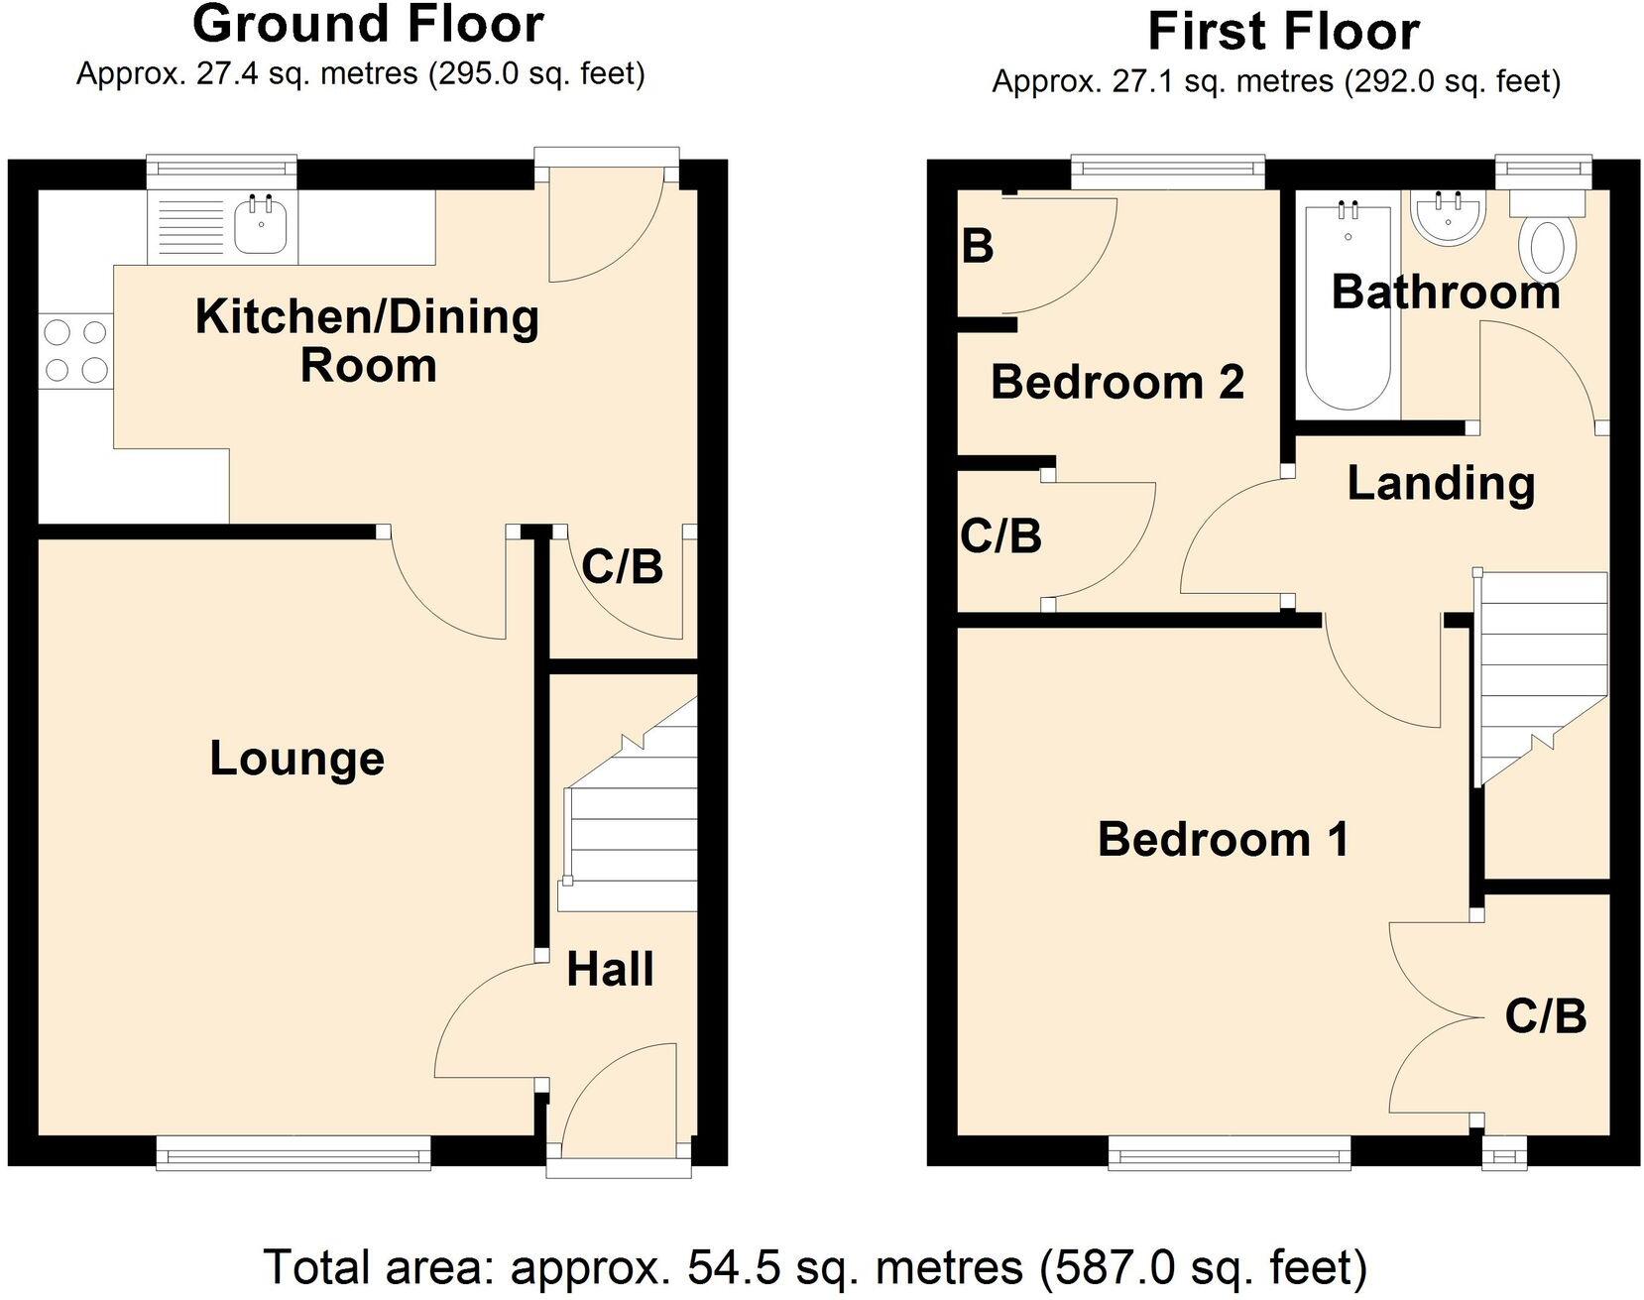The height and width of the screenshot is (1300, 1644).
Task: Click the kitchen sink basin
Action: pyautogui.click(x=262, y=227)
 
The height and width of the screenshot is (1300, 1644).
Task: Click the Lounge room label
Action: pyautogui.click(x=296, y=759)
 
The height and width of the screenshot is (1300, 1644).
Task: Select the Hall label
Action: pyautogui.click(x=610, y=969)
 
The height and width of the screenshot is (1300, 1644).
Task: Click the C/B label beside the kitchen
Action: pyautogui.click(x=622, y=567)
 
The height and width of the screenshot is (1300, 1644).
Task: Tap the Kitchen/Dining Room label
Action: pyautogui.click(x=367, y=340)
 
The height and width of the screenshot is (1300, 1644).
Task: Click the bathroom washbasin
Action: pyautogui.click(x=1449, y=218)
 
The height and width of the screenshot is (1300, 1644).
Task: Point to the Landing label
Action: pyautogui.click(x=1441, y=483)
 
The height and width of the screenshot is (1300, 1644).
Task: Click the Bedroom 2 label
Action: pyautogui.click(x=1116, y=382)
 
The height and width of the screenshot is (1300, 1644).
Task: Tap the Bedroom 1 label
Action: pyautogui.click(x=1223, y=839)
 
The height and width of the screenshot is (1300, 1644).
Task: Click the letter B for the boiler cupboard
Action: pyautogui.click(x=978, y=246)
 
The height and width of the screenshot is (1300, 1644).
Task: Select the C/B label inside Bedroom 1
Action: pyautogui.click(x=1545, y=1016)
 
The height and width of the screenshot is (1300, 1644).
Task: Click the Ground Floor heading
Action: pyautogui.click(x=368, y=24)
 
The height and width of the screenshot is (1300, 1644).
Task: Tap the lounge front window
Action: pyautogui.click(x=294, y=1153)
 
